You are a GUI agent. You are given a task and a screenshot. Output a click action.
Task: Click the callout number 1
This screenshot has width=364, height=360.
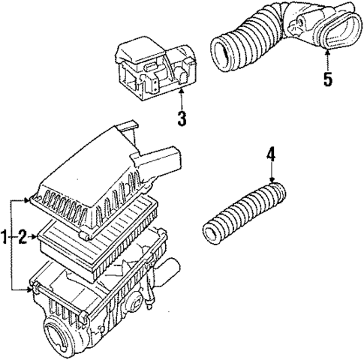click(5, 238)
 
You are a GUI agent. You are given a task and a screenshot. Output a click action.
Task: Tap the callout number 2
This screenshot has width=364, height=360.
click(23, 238)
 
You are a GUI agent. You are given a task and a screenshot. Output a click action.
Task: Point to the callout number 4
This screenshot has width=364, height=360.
click(271, 155)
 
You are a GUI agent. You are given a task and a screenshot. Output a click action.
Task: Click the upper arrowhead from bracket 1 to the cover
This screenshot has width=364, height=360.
click(29, 200)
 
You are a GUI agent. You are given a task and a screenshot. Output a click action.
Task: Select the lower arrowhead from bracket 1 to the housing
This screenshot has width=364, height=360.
click(29, 288)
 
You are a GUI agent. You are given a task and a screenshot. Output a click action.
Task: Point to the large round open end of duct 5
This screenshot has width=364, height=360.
click(223, 52)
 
